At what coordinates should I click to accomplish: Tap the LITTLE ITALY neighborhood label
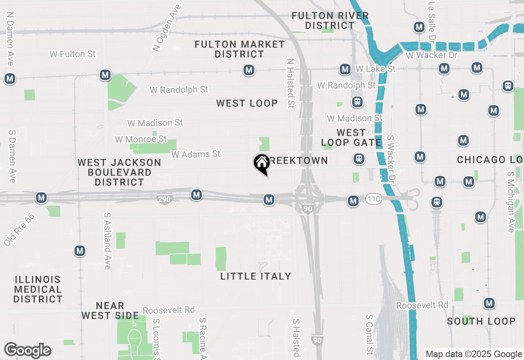pos(256,277)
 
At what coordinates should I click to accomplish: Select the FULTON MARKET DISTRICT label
pos(239,49)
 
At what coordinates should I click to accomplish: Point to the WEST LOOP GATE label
pos(351,138)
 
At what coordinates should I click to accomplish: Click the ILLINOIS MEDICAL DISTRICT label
pos(38,290)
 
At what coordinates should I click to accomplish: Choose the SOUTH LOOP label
pos(481,321)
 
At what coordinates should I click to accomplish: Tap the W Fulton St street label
pos(72,54)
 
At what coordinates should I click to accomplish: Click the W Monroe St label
pos(141,139)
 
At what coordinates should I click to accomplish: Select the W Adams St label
pos(196,154)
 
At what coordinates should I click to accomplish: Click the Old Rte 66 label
pos(19,230)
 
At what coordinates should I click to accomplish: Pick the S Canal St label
pos(370,334)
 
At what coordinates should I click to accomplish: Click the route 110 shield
pos(374,199)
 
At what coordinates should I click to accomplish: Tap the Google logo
pos(27,350)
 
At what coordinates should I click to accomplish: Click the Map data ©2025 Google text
pos(474,354)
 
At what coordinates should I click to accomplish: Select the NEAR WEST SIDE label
pos(110,310)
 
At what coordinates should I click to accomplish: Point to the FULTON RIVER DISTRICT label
pos(330,20)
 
